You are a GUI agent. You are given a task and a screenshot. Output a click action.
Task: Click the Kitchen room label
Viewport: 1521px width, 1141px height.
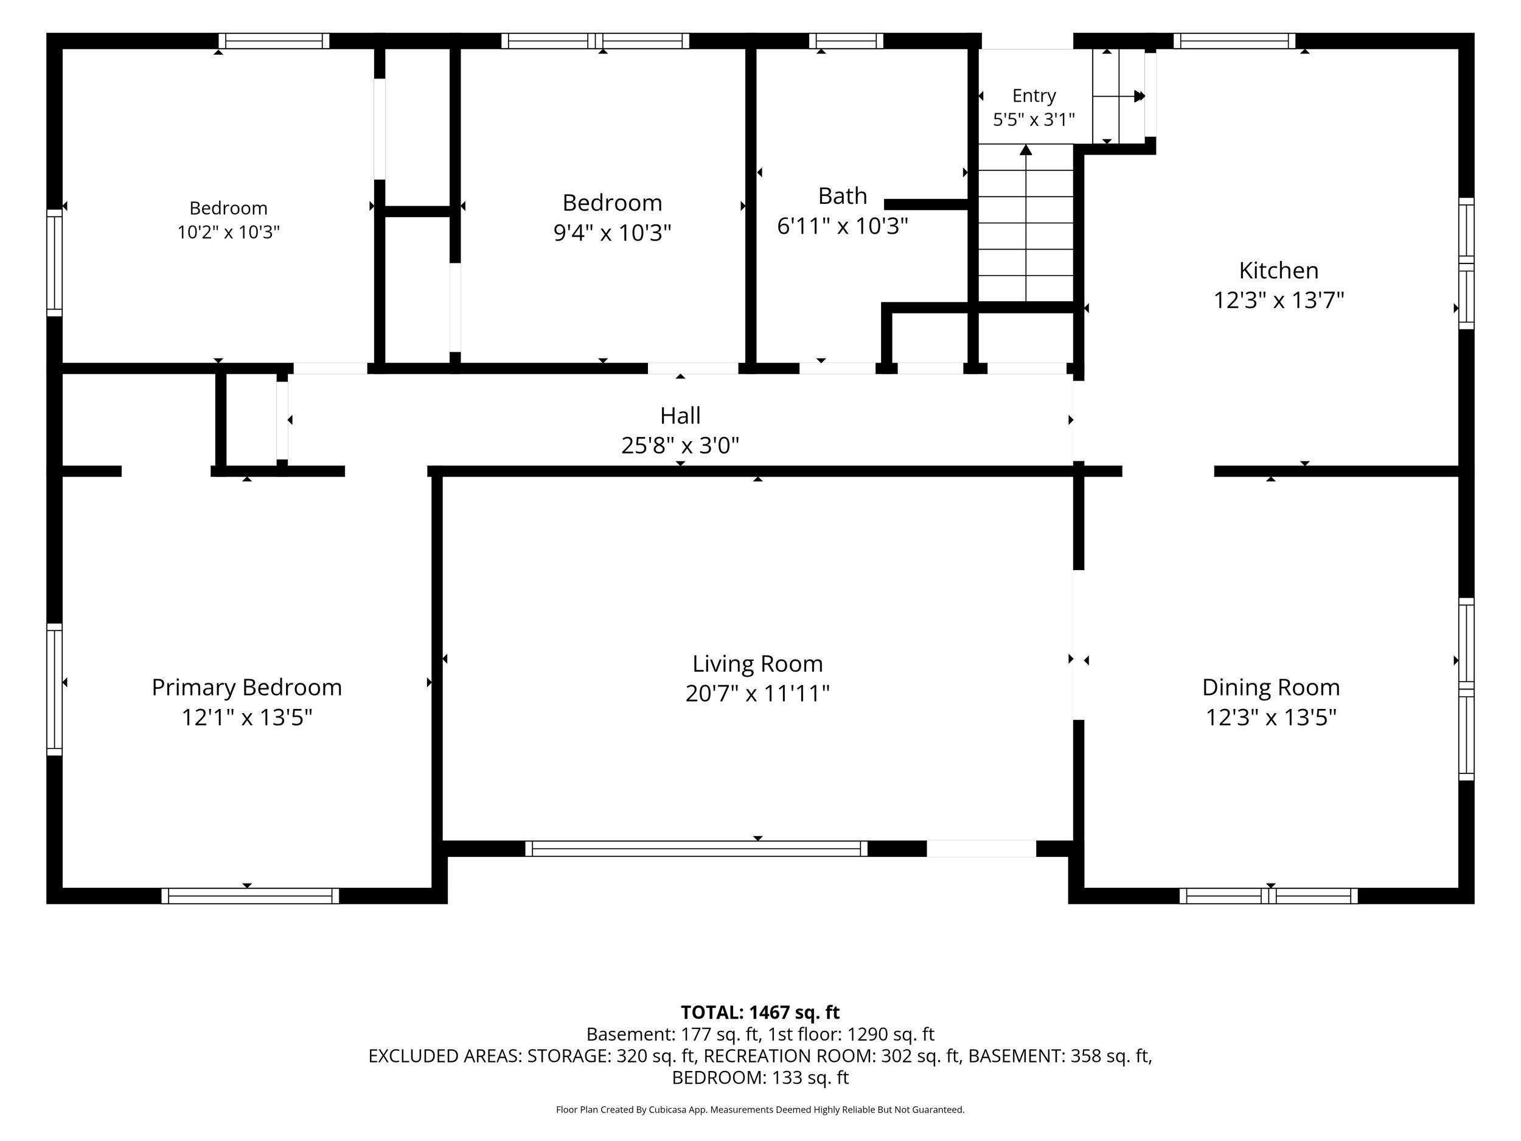(1278, 270)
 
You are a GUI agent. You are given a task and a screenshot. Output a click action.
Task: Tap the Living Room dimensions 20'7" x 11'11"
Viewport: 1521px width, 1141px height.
(757, 693)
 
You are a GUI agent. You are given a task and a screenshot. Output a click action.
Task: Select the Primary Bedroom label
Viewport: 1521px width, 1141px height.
(247, 687)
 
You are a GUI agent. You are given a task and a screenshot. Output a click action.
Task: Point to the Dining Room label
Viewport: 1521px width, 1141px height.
(1271, 687)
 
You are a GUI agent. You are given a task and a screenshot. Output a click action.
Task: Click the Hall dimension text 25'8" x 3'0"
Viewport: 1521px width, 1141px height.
(680, 445)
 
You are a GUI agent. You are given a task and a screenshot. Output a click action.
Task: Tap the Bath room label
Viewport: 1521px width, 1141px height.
(842, 196)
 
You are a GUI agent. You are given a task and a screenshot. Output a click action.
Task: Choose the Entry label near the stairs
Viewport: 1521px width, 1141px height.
(1034, 96)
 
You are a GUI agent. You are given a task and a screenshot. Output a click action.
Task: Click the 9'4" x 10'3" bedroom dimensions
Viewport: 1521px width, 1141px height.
(612, 232)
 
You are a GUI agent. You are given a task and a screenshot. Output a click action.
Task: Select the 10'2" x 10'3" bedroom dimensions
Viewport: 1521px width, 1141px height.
(228, 232)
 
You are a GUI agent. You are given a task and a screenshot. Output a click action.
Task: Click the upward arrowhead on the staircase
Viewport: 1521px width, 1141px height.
(1026, 149)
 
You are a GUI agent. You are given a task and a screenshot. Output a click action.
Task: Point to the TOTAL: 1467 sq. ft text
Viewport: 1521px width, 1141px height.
(760, 1013)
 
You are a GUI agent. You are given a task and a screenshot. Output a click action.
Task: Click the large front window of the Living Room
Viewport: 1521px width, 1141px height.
(697, 848)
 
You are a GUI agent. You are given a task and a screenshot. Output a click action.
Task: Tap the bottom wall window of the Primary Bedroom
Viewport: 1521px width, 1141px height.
(250, 896)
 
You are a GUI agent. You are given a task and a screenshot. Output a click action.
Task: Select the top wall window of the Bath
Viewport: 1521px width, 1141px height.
(846, 41)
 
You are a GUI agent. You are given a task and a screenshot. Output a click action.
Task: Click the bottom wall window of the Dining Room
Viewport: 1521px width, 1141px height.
(1269, 896)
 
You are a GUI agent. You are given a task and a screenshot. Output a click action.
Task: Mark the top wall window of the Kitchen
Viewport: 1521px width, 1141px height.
(1234, 41)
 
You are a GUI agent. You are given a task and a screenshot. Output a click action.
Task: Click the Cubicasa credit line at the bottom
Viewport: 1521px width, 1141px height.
(760, 1109)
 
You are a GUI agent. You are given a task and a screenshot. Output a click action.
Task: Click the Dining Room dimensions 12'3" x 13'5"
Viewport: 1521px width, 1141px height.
(1271, 717)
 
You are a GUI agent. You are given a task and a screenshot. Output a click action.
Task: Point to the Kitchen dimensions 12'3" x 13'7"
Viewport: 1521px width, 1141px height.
(1278, 301)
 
